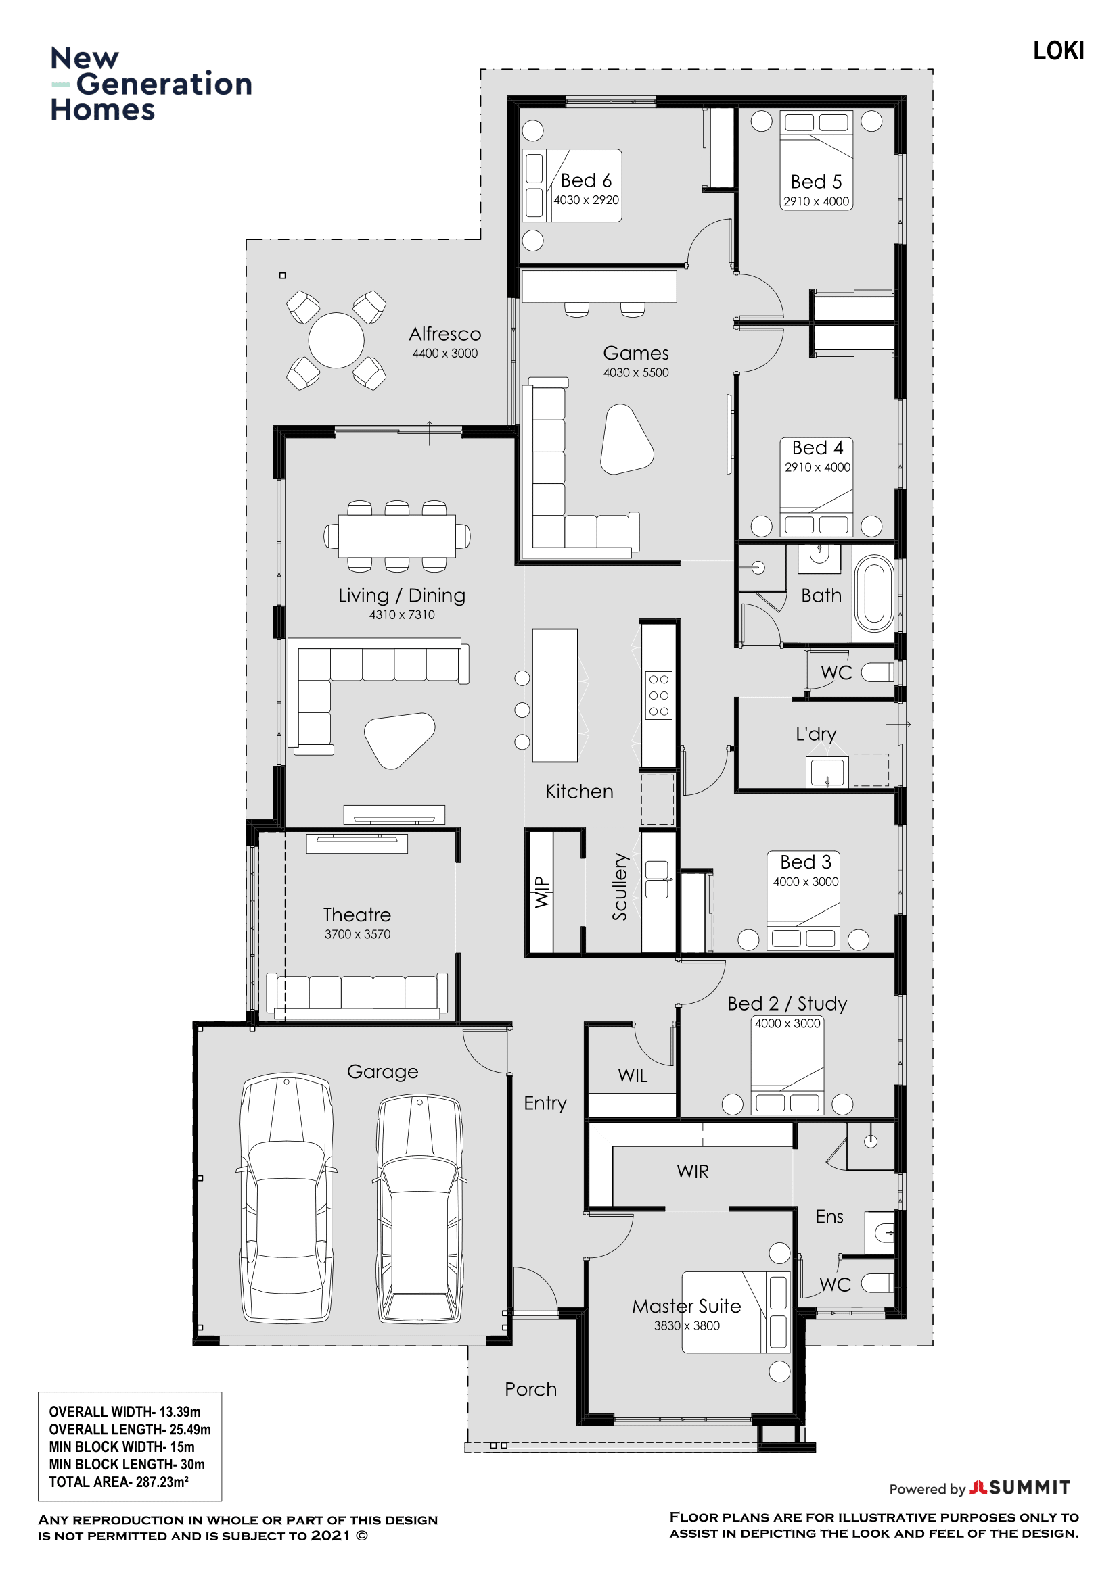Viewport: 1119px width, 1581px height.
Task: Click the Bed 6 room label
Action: coord(586,180)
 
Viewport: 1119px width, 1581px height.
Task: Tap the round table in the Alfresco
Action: coord(336,340)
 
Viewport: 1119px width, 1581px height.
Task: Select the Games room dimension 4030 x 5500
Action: coord(636,372)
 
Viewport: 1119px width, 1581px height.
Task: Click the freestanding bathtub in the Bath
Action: coord(873,593)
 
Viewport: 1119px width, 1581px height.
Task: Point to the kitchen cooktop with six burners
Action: coord(658,695)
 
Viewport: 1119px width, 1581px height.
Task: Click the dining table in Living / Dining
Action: coord(397,536)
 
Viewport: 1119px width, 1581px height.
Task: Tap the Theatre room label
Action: coord(357,915)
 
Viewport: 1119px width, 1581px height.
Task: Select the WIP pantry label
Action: coord(543,892)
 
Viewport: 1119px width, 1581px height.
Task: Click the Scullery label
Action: coord(620,887)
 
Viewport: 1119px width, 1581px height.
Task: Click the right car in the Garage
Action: coord(419,1209)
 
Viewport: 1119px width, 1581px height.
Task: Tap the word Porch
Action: coord(530,1390)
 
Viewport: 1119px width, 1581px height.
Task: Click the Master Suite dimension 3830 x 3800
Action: coord(687,1325)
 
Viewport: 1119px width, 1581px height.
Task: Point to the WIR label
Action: coord(693,1171)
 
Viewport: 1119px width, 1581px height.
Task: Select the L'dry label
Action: coord(816,734)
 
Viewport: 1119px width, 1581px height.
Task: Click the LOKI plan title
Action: coord(1058,51)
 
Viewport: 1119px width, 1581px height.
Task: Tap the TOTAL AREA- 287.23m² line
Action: coord(118,1482)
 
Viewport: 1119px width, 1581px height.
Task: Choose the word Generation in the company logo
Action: coord(164,84)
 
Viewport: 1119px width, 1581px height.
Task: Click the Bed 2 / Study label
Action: coord(787,1004)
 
